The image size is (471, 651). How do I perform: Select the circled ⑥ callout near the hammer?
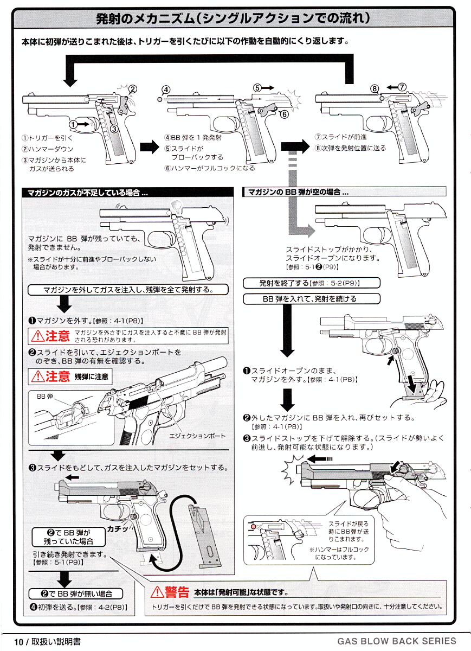283,113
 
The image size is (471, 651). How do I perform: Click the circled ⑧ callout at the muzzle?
374,89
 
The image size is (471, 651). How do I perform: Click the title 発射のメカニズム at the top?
233,18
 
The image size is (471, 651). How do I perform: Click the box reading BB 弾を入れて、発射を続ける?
312,298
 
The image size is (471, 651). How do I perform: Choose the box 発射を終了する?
312,283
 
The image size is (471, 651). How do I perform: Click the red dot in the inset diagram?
252,526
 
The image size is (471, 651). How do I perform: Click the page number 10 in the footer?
19,642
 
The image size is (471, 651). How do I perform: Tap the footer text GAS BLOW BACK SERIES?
396,641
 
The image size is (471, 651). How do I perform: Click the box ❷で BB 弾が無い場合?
75,593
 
